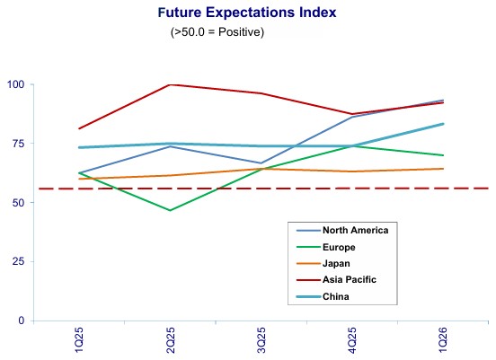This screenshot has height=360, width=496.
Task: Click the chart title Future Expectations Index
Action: [247, 13]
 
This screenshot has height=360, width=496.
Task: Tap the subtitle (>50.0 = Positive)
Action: [217, 32]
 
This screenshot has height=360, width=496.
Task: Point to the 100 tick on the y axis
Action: [16, 84]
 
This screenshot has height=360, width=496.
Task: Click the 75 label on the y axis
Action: [18, 144]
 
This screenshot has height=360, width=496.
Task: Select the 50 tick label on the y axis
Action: [18, 203]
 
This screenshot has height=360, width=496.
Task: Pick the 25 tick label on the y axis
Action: [18, 261]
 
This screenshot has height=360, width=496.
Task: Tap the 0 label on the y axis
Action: [22, 320]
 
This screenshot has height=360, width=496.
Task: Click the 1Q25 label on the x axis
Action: [79, 340]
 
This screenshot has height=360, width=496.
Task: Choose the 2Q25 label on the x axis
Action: [171, 340]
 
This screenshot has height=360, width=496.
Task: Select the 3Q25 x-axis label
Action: [261, 340]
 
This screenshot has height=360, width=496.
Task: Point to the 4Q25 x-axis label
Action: [352, 340]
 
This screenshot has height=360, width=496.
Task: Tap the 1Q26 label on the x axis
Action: [443, 340]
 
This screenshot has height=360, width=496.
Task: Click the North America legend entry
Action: [342, 231]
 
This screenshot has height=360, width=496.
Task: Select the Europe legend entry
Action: [326, 247]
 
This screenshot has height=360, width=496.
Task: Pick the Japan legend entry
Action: [323, 264]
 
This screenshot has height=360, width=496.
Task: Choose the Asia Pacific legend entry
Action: [336, 280]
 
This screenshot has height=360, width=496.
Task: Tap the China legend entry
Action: [323, 297]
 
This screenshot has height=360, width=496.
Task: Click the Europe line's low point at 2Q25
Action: [170, 210]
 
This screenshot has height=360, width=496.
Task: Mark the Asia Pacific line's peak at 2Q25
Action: [170, 84]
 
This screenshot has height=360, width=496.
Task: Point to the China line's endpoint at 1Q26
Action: [443, 124]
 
